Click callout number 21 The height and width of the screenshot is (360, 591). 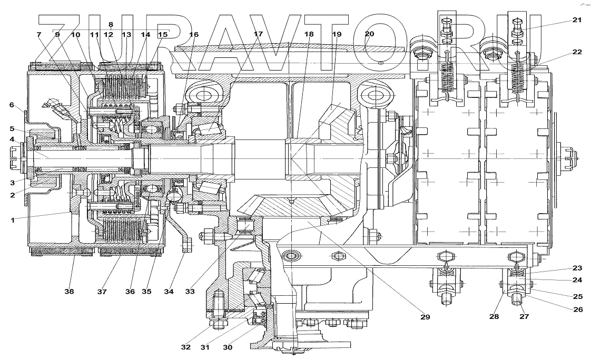[577, 21]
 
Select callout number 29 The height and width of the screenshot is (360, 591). [425, 317]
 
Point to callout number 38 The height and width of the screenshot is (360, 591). [69, 291]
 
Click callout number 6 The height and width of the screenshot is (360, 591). [11, 105]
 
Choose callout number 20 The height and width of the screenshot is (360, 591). [369, 34]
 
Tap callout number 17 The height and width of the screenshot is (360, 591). [258, 34]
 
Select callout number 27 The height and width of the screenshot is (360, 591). [525, 317]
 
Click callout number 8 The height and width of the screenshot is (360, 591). [111, 24]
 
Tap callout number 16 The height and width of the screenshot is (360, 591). [194, 34]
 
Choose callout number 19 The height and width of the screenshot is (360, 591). [337, 34]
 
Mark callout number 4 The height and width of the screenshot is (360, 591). [11, 139]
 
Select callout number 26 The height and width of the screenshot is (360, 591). [577, 309]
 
